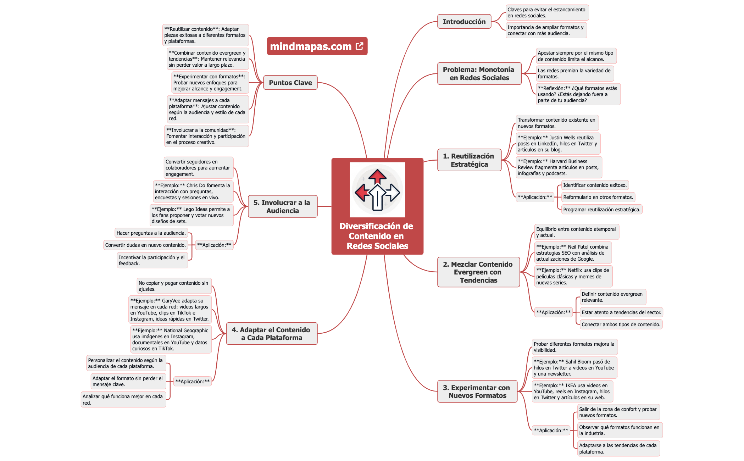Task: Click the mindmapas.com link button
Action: coord(311,46)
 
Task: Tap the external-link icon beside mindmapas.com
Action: coord(360,46)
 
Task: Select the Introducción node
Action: coord(464,22)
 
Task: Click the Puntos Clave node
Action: coord(290,83)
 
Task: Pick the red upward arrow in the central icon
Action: coord(377,176)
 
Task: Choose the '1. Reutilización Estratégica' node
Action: coord(469,160)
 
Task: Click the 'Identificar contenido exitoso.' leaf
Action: coord(595,185)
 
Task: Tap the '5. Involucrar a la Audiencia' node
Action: coord(282,206)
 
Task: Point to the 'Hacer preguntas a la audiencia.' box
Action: coord(151,233)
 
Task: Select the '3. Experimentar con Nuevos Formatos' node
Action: coord(477,391)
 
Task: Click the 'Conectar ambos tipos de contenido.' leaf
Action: coord(621,324)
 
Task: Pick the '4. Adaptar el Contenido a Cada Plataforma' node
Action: coord(271,334)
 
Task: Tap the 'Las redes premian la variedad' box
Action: coord(574,73)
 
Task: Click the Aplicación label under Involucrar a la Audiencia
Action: coord(214,245)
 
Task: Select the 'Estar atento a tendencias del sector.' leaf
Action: coord(621,312)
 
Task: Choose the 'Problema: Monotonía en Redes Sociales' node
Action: coord(479,74)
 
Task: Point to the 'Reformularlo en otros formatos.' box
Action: coord(598,197)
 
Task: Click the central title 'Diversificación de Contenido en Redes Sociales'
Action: coord(377,236)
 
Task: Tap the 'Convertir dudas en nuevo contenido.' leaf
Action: coord(145,245)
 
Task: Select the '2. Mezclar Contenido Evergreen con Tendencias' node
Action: coord(478,272)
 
